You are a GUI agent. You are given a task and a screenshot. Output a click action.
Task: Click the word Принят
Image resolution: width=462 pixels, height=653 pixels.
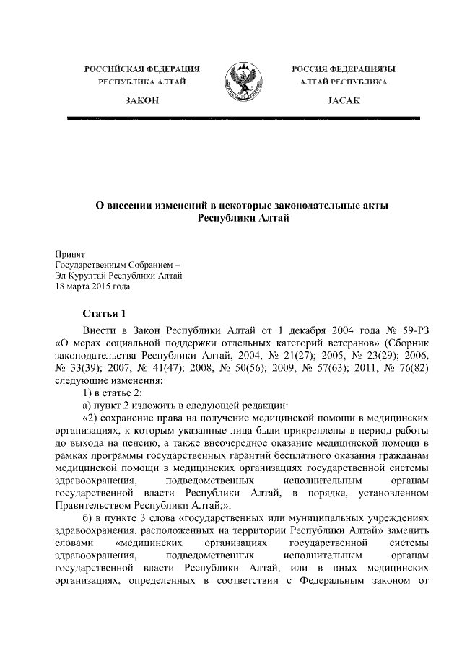click(x=71, y=254)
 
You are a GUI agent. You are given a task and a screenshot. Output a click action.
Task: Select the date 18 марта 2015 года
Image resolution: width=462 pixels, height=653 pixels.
click(x=93, y=286)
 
